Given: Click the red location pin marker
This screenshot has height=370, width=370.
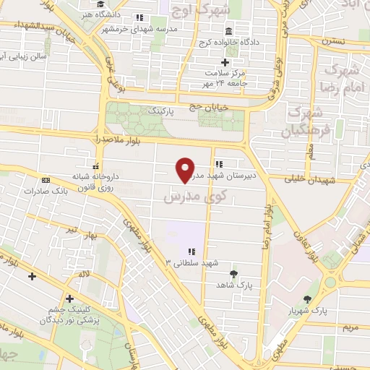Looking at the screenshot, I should [186, 169].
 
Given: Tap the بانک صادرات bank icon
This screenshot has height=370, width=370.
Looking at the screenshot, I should [46, 180].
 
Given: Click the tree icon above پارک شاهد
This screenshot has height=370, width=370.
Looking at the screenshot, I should [233, 273].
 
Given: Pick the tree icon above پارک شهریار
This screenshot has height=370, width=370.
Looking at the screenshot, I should [309, 298].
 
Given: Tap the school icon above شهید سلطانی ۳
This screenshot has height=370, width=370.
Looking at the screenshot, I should [191, 251].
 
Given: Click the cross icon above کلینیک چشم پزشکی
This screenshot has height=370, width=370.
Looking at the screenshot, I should [69, 298].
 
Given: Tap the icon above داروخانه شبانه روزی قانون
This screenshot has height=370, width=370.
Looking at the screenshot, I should [96, 165].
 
